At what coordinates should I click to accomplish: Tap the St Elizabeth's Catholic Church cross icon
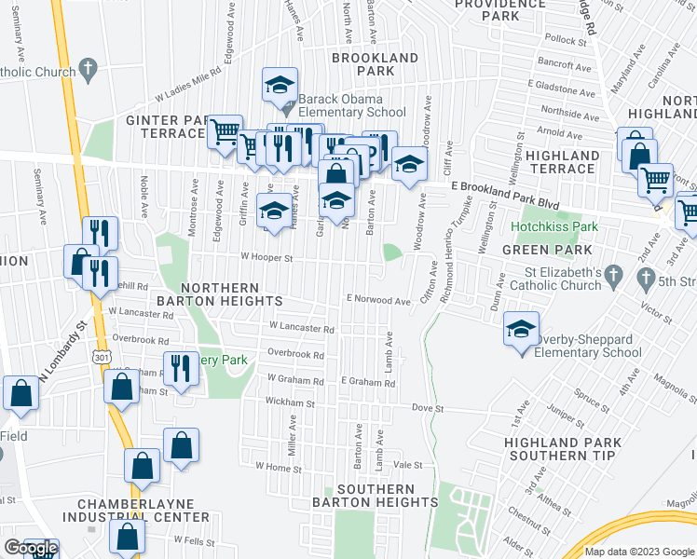[612, 276]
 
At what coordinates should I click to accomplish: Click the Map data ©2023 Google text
[638, 552]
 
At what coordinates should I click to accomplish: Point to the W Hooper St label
[267, 258]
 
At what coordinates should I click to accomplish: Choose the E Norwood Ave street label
[377, 301]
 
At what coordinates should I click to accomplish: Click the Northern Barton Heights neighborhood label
[232, 294]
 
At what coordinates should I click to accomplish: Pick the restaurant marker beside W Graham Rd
[180, 369]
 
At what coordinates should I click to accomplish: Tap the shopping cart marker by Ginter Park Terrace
[224, 132]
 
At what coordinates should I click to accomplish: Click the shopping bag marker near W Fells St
[127, 537]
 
